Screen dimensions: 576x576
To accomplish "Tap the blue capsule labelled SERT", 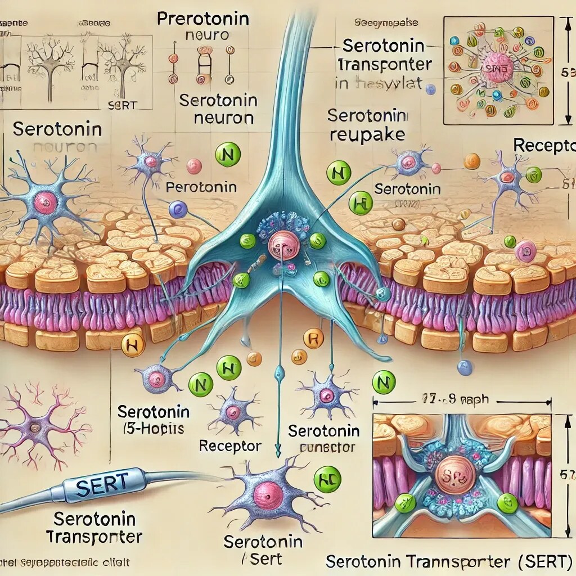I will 95,485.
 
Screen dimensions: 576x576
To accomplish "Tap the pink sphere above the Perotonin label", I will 193,165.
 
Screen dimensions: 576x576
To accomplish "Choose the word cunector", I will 324,448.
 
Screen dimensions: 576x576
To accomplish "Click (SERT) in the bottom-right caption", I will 544,561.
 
